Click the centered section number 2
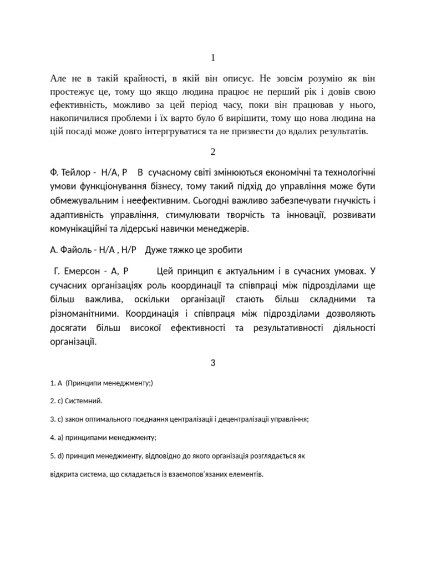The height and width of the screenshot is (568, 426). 213,152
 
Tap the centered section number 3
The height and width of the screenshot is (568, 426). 213,363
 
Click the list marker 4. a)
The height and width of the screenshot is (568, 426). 56,437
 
